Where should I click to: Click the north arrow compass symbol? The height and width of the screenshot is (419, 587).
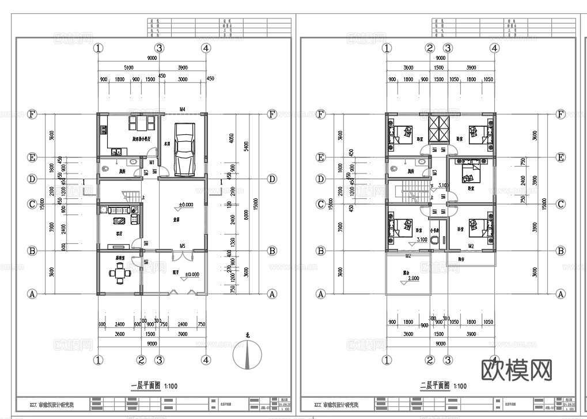pos(247,356)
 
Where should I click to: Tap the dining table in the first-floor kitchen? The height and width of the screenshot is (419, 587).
pos(141,124)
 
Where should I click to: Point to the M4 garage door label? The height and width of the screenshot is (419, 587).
pos(182,109)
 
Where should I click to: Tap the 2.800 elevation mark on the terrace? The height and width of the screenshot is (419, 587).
pos(413,278)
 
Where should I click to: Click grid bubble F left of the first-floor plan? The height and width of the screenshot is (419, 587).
pos(32,114)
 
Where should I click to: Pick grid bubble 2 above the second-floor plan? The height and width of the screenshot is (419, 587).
pos(430,48)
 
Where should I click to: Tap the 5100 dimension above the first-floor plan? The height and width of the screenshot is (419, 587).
pos(128,67)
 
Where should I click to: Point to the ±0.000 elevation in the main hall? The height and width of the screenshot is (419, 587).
pos(185,205)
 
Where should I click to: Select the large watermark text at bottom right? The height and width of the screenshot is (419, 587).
pos(516,368)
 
